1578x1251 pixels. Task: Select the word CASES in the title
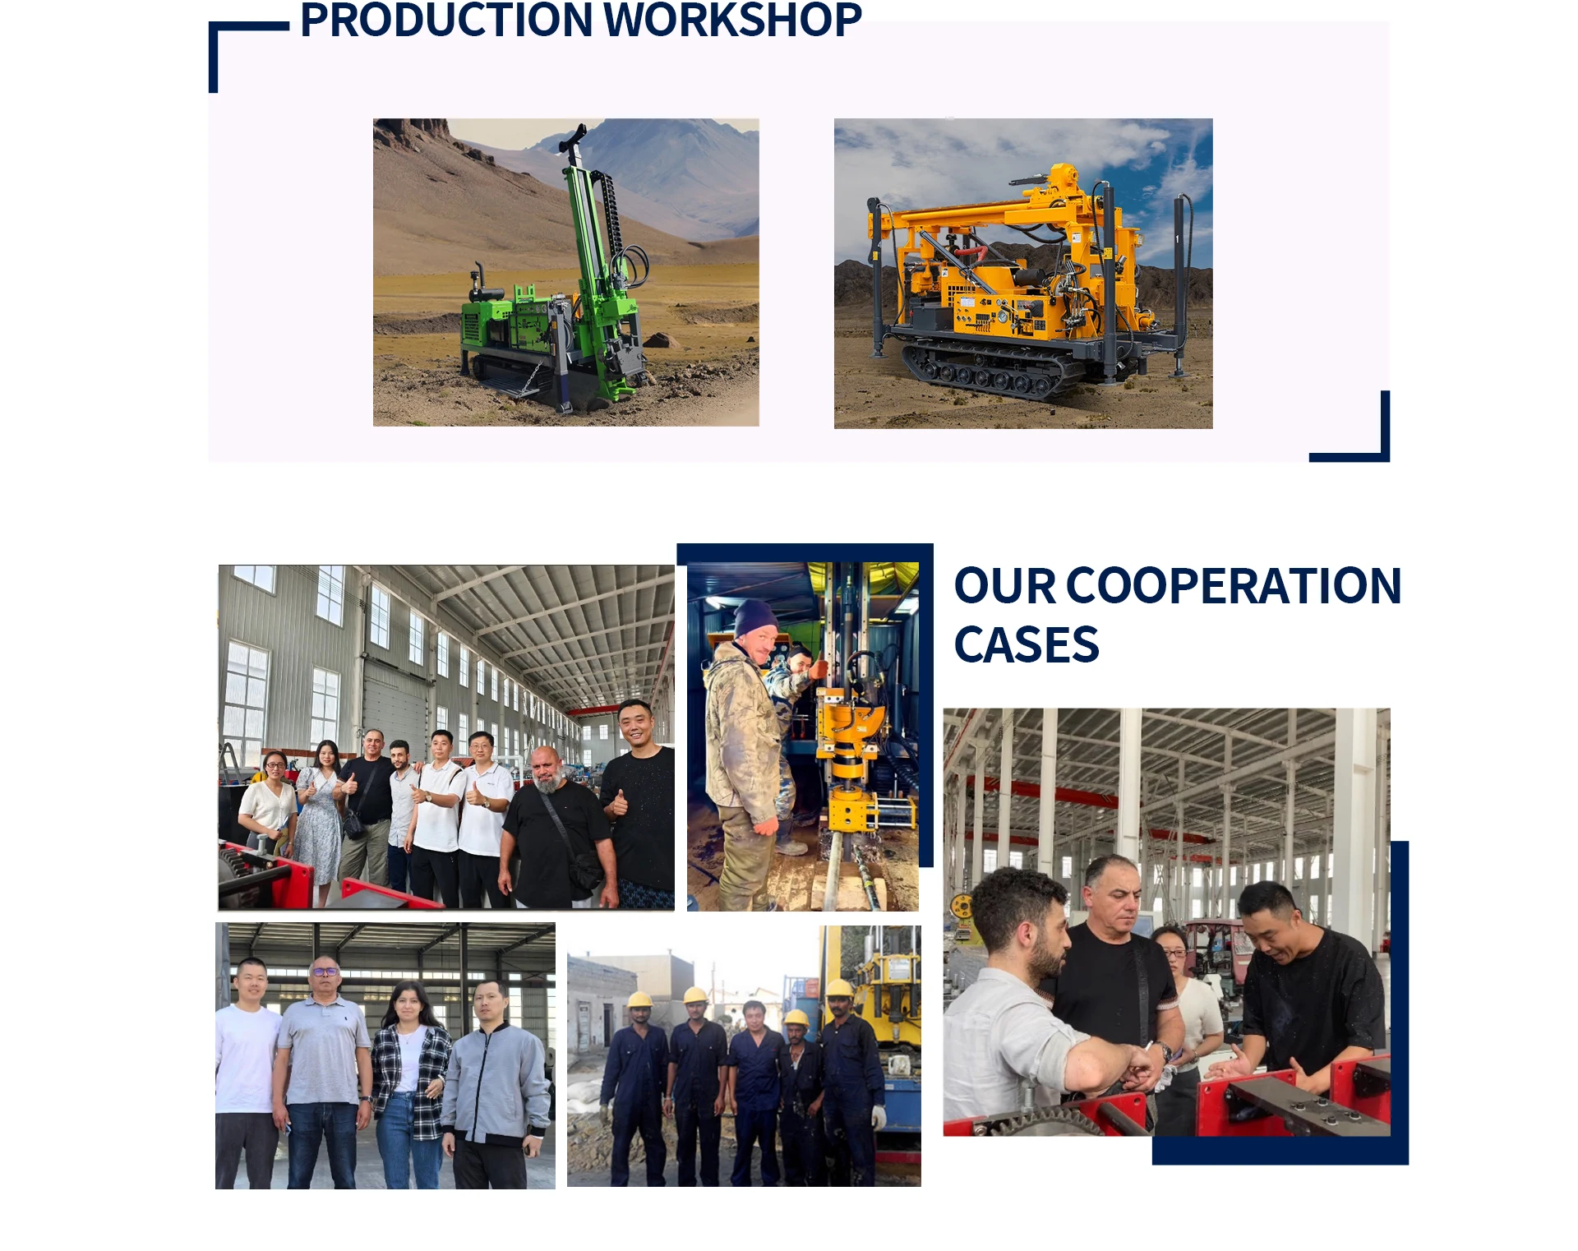point(1026,644)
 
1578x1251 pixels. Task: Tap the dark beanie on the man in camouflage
point(754,617)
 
